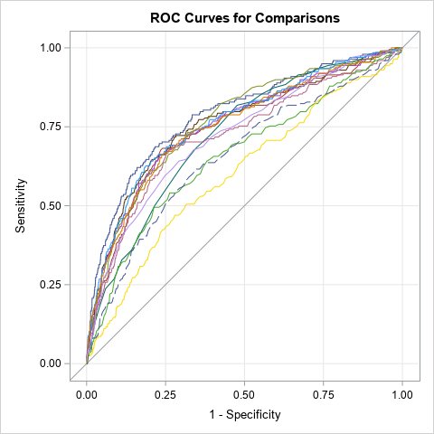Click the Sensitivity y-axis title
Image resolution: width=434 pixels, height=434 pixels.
click(21, 205)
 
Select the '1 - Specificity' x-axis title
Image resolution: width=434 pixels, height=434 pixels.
click(244, 415)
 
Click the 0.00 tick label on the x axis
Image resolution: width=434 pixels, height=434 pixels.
click(87, 394)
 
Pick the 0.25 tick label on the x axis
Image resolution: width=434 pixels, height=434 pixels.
click(165, 394)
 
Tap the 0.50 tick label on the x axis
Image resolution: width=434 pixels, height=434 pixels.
click(245, 394)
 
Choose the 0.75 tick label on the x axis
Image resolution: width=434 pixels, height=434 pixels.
click(324, 394)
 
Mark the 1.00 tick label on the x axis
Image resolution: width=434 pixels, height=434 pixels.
click(402, 394)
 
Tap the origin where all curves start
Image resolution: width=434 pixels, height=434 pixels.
click(87, 363)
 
